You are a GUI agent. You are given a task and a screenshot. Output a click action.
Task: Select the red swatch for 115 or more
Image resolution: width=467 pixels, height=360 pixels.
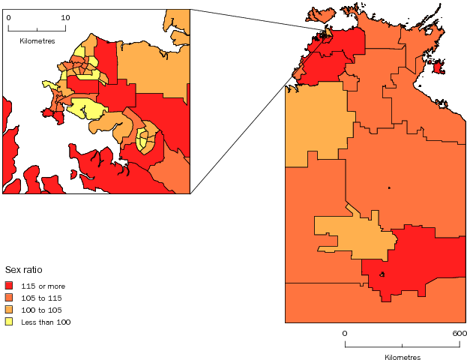9,286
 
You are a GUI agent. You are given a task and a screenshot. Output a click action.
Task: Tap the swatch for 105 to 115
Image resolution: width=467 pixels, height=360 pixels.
9,298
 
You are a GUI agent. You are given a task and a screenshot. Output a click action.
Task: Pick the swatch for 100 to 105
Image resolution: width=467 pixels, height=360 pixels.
9,310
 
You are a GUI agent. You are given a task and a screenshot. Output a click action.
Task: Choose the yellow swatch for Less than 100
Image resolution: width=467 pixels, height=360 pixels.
9,322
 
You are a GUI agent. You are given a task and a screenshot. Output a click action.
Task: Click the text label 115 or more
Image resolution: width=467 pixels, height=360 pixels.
40,286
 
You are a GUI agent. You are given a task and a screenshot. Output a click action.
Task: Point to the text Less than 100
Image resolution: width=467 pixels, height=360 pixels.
46,322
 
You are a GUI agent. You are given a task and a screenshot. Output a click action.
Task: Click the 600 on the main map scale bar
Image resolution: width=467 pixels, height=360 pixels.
460,332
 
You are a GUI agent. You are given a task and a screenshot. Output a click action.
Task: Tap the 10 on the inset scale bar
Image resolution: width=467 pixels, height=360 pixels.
65,17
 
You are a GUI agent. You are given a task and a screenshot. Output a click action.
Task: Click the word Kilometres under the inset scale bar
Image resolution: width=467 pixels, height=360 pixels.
37,40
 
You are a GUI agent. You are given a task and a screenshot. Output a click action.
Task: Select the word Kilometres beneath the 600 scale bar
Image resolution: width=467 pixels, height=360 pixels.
403,357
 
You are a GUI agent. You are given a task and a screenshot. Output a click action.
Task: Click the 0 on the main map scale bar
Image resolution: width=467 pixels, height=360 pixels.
345,332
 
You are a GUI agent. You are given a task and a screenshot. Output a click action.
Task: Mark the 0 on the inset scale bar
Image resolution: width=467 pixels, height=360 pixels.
8,17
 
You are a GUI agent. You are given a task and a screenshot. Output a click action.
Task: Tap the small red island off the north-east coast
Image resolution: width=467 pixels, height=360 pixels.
438,68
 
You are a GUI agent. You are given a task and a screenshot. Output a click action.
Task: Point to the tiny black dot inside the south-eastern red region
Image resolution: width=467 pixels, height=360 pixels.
382,274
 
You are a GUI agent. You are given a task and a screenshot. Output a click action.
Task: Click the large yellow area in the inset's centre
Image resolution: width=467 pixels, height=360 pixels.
88,109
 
